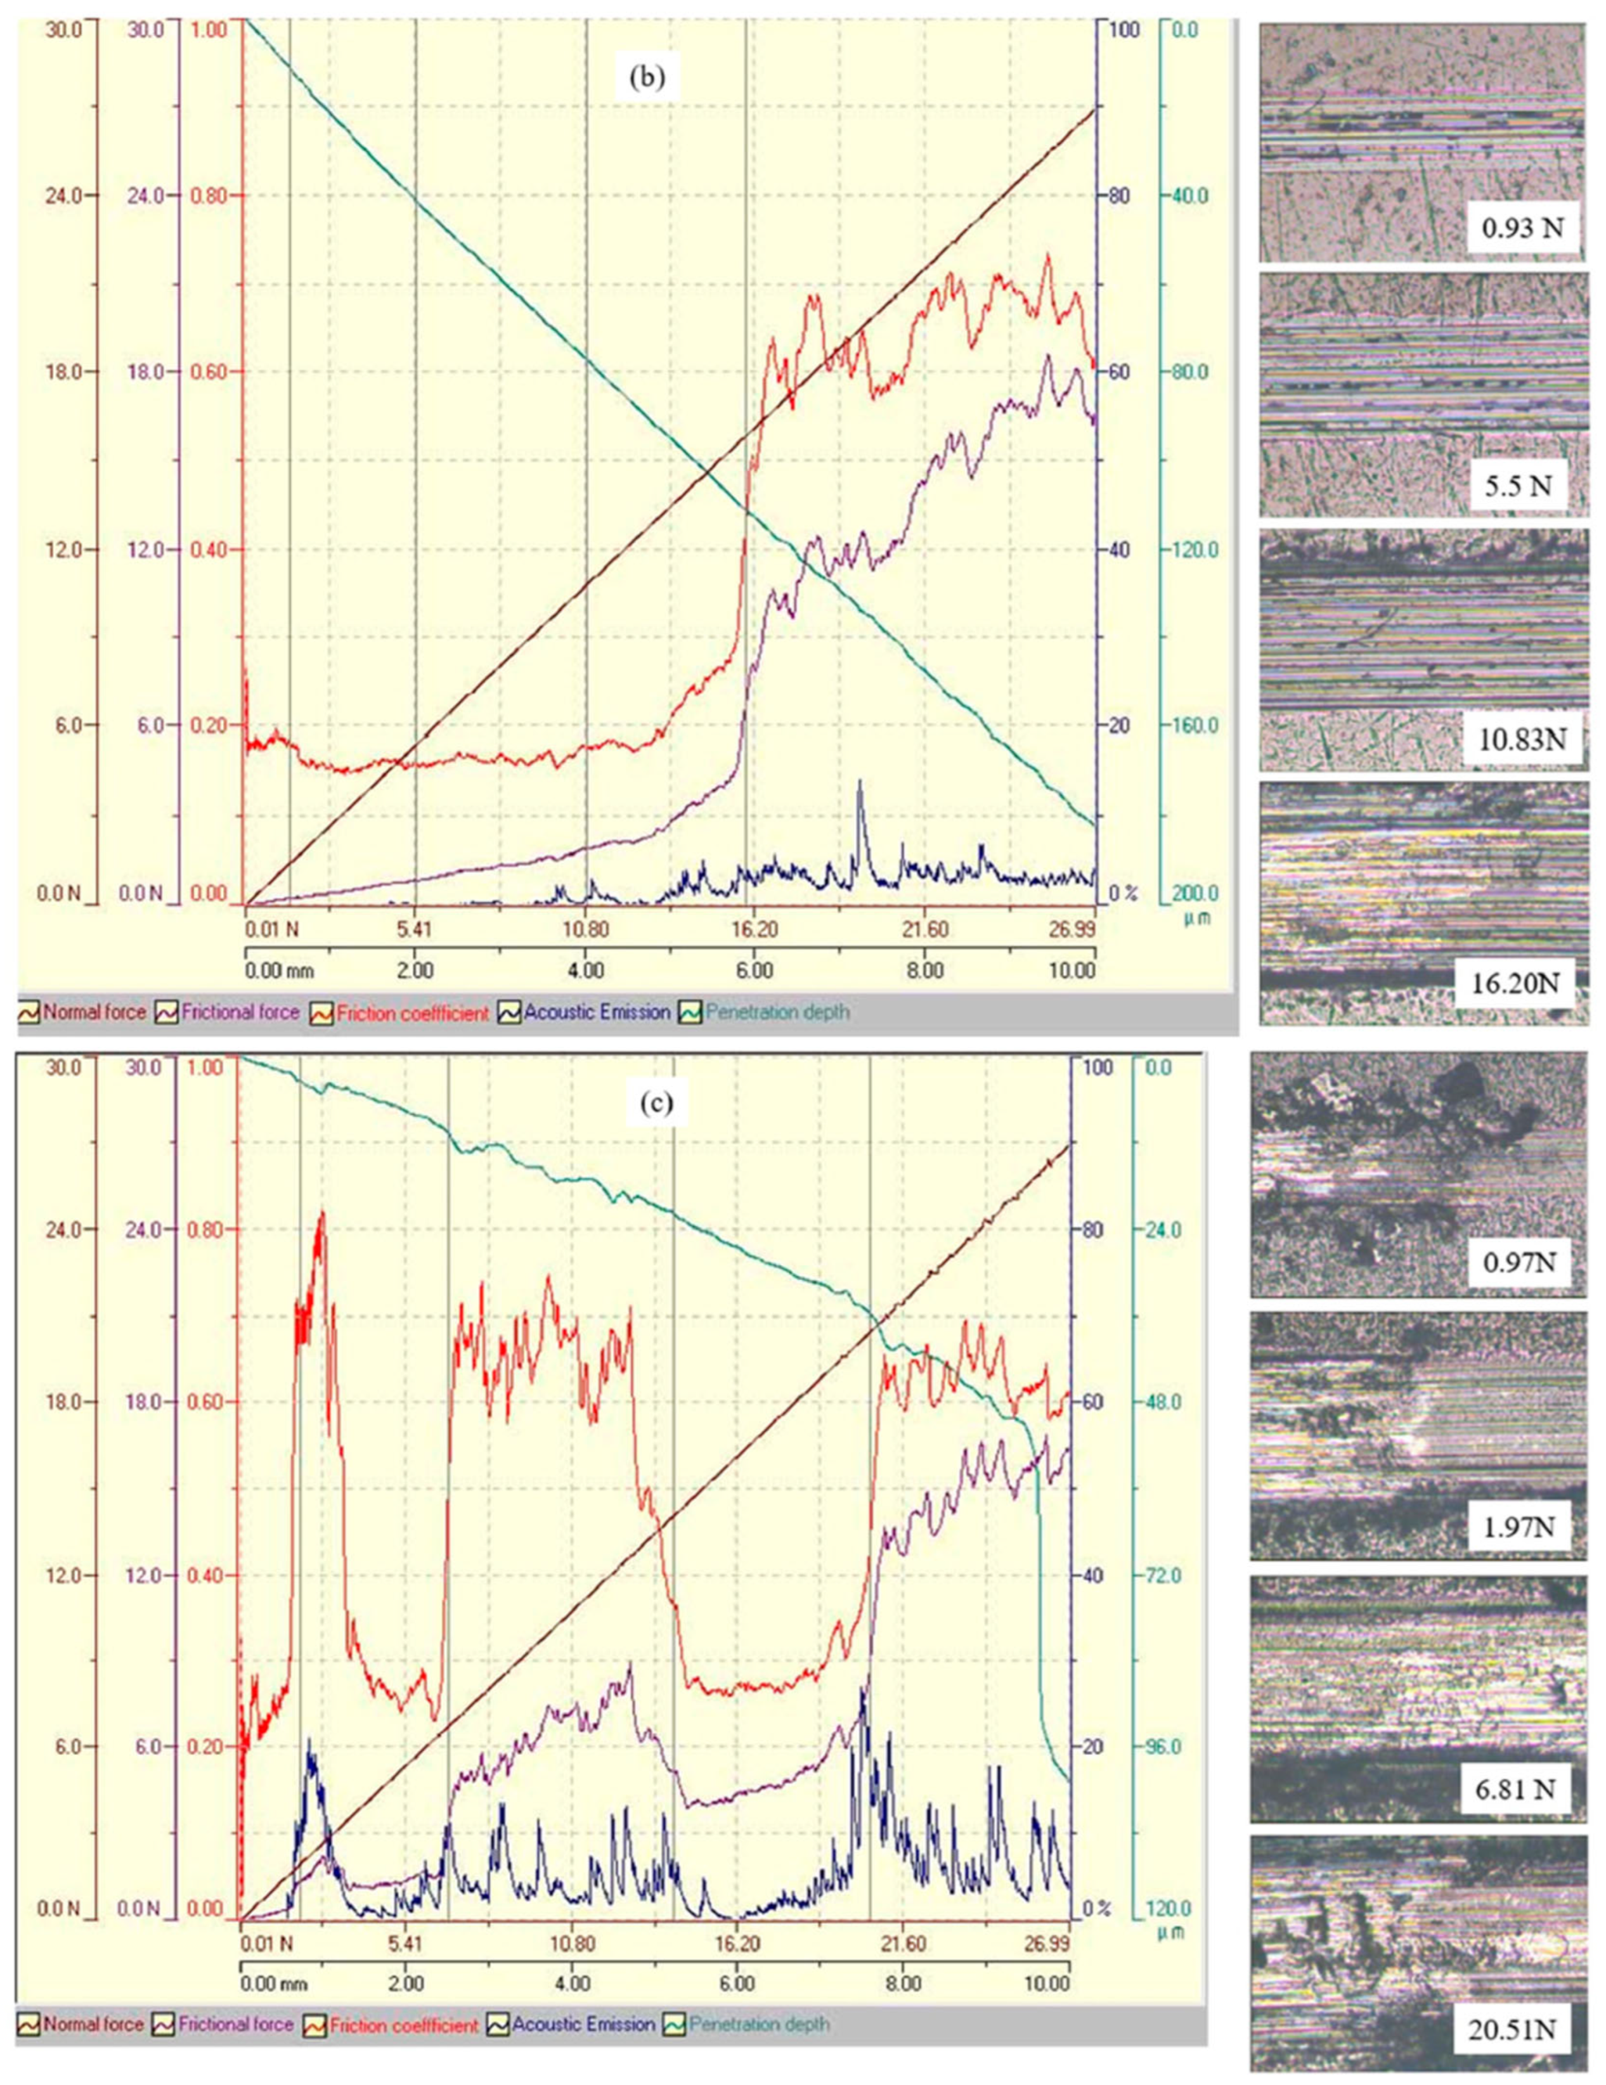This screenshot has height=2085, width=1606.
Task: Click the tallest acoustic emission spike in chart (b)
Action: click(860, 783)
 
